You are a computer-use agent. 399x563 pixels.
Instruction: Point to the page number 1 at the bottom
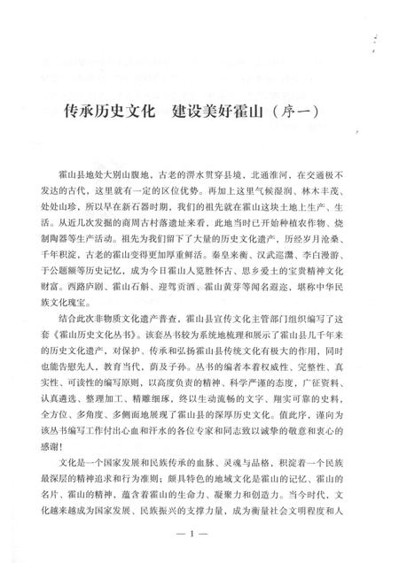199,537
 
